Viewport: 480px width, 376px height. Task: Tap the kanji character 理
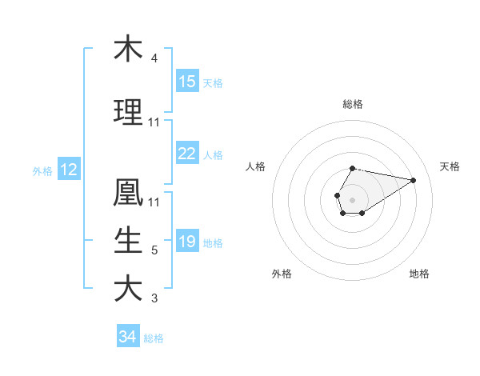pos(128,112)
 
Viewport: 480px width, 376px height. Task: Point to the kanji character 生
pos(128,240)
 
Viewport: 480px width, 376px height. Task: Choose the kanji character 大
pos(128,288)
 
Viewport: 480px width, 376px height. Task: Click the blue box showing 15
pos(187,82)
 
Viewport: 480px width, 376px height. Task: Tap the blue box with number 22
pos(187,154)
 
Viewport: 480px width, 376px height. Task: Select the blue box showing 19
pos(187,242)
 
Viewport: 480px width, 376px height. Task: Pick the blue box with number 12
pos(68,170)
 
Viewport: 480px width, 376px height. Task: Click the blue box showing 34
pos(127,337)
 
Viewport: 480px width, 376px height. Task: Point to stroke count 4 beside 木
pos(154,58)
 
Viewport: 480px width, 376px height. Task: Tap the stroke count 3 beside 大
pos(154,299)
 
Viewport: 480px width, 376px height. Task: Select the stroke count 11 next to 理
pos(154,122)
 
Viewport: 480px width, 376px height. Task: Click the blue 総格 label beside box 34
pos(154,338)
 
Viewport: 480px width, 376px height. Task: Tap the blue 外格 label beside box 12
pos(42,171)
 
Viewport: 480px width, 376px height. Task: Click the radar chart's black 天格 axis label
pos(450,166)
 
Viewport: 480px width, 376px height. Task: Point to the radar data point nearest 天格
pos(414,179)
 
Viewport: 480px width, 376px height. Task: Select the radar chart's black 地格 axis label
pos(419,274)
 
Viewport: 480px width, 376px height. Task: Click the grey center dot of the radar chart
pos(352,198)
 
